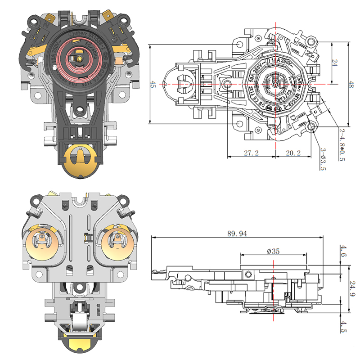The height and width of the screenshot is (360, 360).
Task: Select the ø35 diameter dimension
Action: coord(273,252)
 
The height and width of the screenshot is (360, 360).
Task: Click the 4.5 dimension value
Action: coord(344,326)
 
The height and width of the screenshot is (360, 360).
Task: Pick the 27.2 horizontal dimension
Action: coord(251,153)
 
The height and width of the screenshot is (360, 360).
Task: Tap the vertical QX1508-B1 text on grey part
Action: coord(98,309)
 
